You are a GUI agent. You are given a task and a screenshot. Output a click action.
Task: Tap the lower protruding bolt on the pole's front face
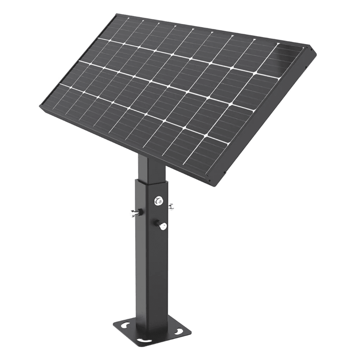[163, 226]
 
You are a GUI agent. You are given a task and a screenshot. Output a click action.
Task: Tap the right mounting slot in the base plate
[177, 331]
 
